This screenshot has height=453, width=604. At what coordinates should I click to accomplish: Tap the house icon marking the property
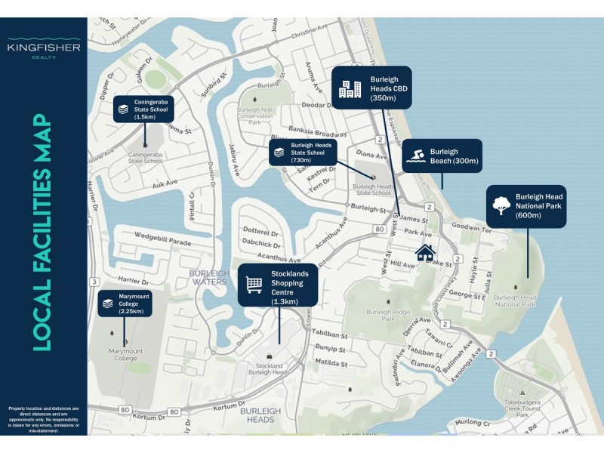425,251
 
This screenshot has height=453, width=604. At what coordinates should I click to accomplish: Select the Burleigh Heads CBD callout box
371,88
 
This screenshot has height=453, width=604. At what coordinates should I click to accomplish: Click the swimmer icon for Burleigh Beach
416,156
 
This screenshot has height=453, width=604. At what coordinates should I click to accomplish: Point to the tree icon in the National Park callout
500,205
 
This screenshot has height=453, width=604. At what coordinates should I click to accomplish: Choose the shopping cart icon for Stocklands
254,285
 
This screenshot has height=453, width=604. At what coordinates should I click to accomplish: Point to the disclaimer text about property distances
43,418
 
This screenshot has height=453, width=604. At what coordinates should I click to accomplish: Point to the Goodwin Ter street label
470,226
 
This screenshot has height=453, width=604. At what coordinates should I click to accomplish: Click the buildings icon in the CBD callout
350,88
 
